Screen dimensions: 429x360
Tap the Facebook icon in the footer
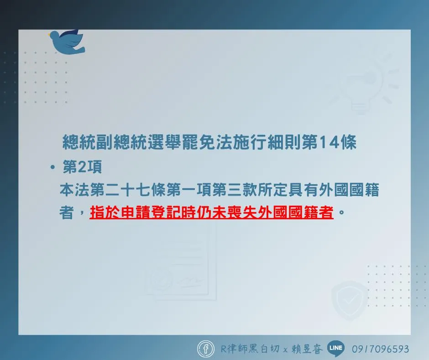[206, 349]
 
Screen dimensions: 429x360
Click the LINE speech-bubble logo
[336, 349]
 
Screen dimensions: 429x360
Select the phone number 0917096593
[380, 349]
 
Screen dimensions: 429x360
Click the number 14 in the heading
[329, 142]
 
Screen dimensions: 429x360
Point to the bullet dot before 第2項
[53, 167]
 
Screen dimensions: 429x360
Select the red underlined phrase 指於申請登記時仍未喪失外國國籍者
[211, 212]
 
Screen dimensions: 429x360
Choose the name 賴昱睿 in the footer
[307, 349]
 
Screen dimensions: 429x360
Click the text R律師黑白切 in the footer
[250, 349]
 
